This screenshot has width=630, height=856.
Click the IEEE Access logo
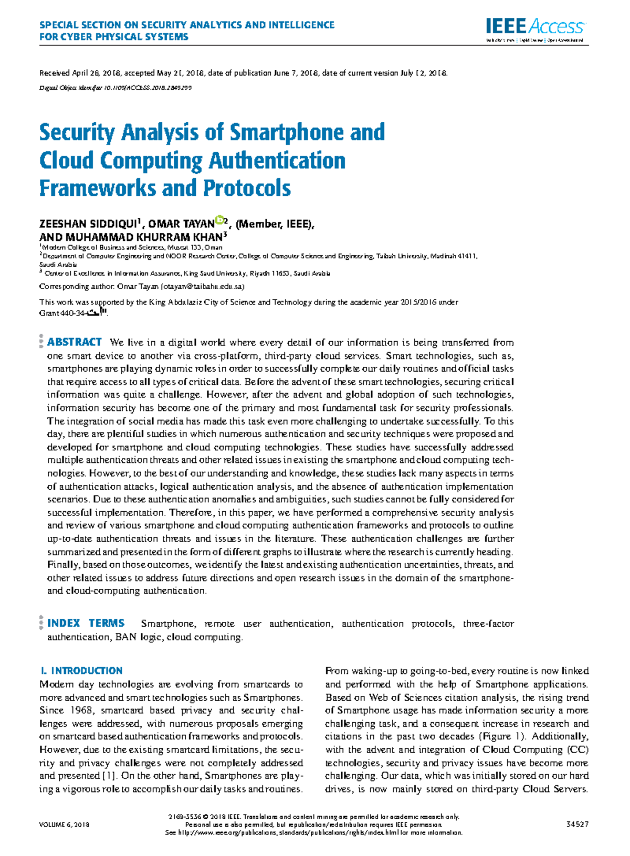pyautogui.click(x=534, y=27)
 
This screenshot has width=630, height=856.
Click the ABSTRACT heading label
pyautogui.click(x=74, y=342)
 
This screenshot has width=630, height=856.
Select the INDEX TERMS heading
pyautogui.click(x=86, y=623)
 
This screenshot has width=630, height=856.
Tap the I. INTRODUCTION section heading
pyautogui.click(x=81, y=671)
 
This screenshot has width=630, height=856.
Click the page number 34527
pyautogui.click(x=577, y=825)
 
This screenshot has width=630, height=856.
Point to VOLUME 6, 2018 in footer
pyautogui.click(x=64, y=825)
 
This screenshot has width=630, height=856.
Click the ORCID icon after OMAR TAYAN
pyautogui.click(x=219, y=220)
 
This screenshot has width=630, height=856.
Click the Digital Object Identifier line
pyautogui.click(x=115, y=88)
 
